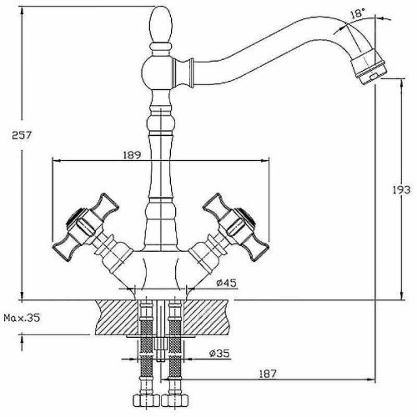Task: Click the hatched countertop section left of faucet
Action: (x=117, y=316)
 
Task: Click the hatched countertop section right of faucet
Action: (x=208, y=316)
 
